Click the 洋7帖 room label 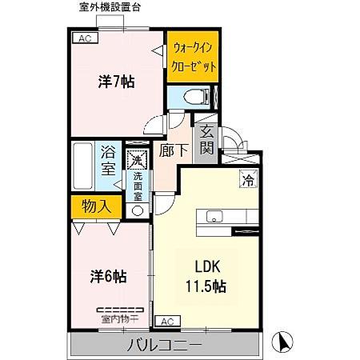[x=116, y=81]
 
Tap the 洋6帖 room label [x=108, y=277]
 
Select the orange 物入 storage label [x=96, y=206]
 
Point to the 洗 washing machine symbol [x=138, y=160]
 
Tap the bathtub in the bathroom [x=83, y=167]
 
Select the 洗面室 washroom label [x=138, y=186]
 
